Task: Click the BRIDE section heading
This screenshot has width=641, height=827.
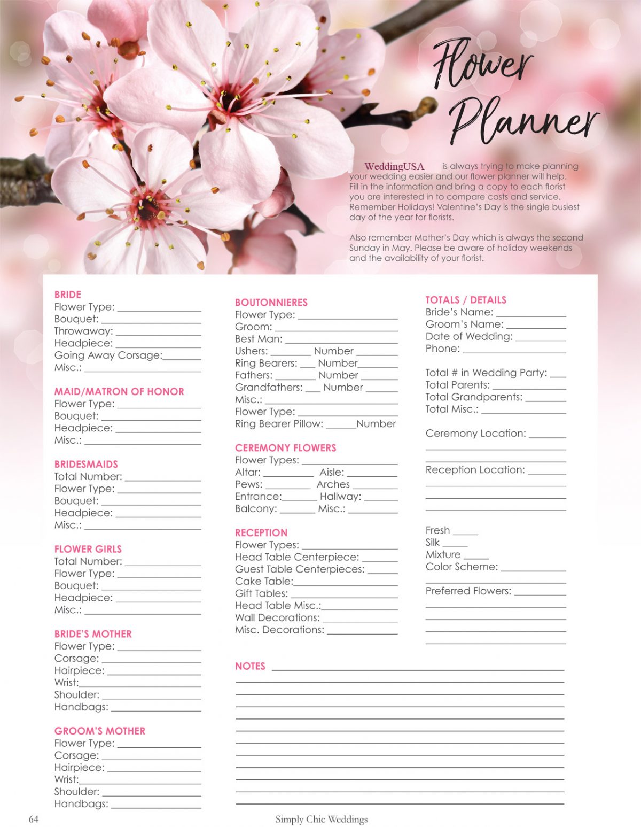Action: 68,295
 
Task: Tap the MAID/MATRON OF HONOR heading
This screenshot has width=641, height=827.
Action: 119,391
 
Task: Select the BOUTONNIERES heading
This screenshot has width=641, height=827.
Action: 271,303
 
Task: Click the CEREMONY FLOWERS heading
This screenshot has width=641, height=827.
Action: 286,448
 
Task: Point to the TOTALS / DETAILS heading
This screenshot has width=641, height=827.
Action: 466,300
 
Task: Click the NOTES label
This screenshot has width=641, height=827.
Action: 250,666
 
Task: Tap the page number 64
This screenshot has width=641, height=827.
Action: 34,819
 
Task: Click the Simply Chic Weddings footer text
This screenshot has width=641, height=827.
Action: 322,819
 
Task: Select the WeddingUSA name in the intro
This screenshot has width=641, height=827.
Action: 394,166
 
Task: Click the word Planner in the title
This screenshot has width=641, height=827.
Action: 523,122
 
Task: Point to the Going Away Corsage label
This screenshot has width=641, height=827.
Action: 108,355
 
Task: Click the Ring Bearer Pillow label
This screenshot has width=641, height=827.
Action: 279,424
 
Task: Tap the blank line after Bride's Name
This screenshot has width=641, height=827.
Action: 531,314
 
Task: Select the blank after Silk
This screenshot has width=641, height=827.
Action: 455,545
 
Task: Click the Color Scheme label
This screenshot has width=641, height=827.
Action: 462,567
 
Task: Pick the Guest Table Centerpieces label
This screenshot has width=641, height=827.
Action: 300,569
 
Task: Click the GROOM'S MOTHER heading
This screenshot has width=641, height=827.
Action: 100,731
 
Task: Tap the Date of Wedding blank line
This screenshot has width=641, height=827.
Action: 541,338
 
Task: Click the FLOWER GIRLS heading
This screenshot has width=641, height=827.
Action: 88,549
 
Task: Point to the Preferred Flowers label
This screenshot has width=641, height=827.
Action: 468,591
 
